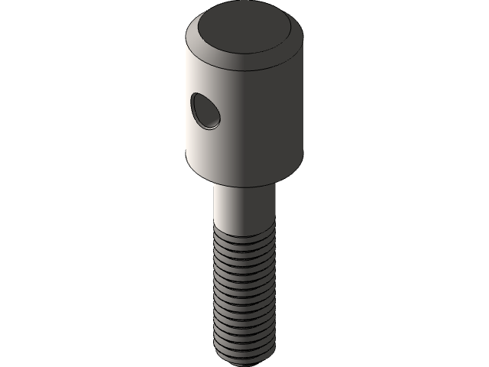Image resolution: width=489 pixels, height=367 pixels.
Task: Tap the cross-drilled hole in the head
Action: [206, 111]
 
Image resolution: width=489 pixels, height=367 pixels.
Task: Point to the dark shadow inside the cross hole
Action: [202, 107]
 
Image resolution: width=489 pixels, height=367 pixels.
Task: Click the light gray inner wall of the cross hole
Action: [210, 117]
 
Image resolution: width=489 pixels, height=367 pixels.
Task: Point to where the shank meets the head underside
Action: [243, 188]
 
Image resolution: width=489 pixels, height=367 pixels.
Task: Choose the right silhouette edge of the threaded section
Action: [271, 294]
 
